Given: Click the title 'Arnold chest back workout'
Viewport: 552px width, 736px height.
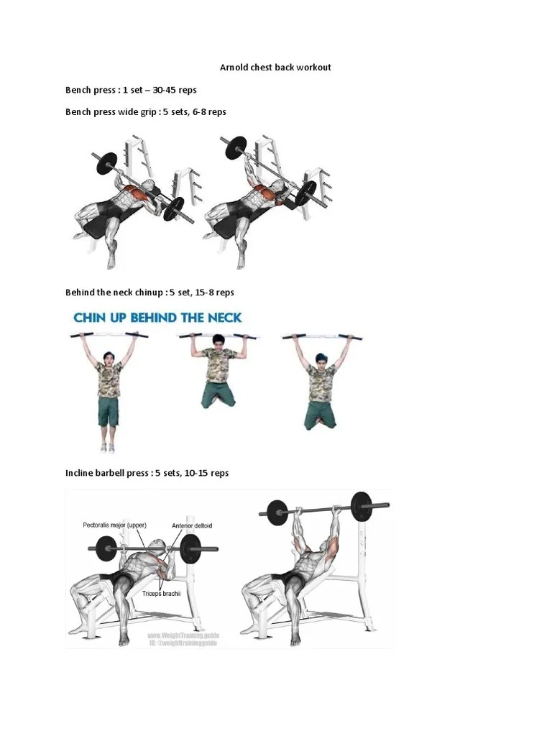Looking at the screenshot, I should pyautogui.click(x=275, y=68).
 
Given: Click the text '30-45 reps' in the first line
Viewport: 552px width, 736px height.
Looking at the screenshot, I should pyautogui.click(x=174, y=90).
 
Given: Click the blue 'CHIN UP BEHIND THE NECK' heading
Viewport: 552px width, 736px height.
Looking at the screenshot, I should pyautogui.click(x=157, y=317).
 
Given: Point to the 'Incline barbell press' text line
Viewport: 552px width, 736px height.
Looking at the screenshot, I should pyautogui.click(x=147, y=473).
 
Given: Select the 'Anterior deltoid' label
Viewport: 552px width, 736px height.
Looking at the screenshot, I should pyautogui.click(x=192, y=525).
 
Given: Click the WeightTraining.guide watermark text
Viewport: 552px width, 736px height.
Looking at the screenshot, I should pyautogui.click(x=183, y=636).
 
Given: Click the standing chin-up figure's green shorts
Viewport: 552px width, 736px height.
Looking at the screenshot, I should pyautogui.click(x=109, y=411).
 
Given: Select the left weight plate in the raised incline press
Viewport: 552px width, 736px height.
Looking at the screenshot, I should pyautogui.click(x=277, y=512).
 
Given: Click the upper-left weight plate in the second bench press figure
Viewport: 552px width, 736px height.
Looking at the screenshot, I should pyautogui.click(x=235, y=149).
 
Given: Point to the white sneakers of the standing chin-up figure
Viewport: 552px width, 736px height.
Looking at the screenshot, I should pyautogui.click(x=108, y=447).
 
